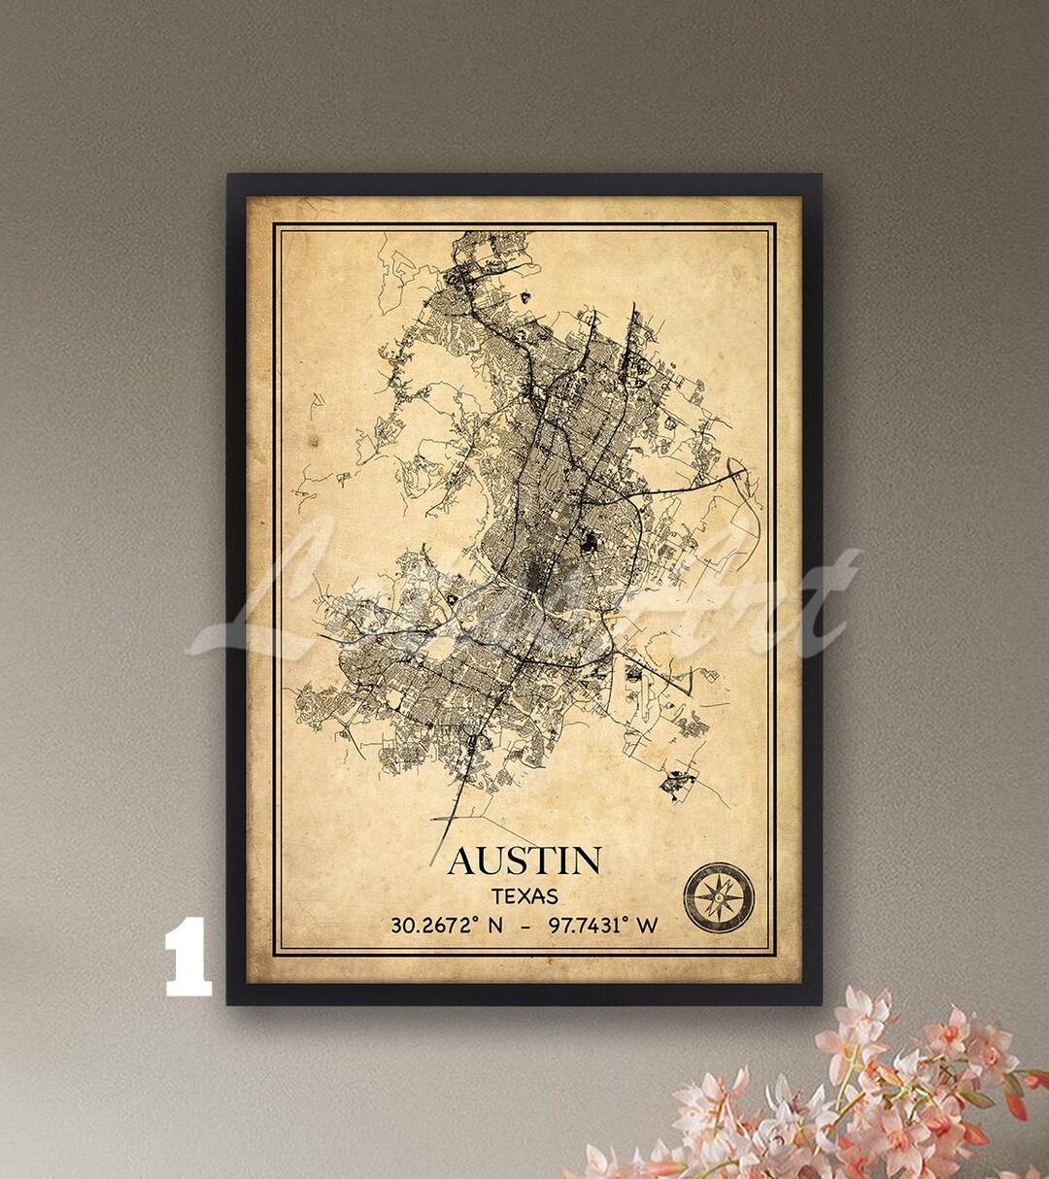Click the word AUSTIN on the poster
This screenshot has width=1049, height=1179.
click(524, 860)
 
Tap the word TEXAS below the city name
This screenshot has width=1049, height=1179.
click(524, 895)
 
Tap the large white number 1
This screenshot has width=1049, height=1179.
click(187, 957)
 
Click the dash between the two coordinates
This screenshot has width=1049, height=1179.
click(525, 926)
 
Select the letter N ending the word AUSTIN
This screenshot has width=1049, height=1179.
click(586, 861)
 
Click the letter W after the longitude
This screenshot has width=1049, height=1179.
click(648, 926)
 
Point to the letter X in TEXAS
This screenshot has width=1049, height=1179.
click(524, 895)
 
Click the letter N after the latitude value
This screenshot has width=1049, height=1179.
click(495, 926)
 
